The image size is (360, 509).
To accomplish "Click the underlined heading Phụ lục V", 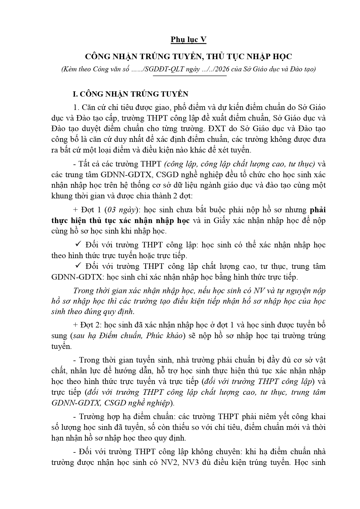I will [188, 40].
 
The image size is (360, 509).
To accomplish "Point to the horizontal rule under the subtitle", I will [190, 76].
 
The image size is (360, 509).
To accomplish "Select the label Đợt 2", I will [88, 325].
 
